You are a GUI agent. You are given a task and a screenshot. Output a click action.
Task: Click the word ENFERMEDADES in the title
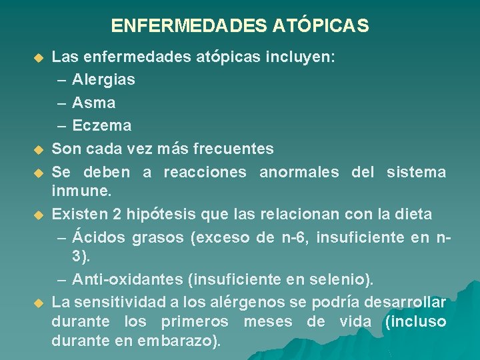tap(189, 26)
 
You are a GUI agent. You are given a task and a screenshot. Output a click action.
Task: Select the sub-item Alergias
tap(103, 80)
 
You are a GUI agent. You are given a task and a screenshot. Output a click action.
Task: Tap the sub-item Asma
tap(93, 103)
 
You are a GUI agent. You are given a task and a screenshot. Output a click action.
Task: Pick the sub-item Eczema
tap(101, 125)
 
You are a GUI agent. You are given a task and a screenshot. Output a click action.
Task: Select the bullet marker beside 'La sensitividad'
tap(38, 303)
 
